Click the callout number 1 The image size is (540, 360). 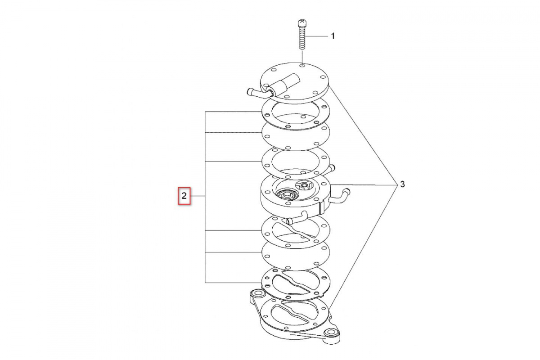pyautogui.click(x=333, y=36)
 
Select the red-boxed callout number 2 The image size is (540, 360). pyautogui.click(x=184, y=196)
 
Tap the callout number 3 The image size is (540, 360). pyautogui.click(x=403, y=184)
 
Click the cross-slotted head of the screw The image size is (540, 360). pyautogui.click(x=302, y=23)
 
